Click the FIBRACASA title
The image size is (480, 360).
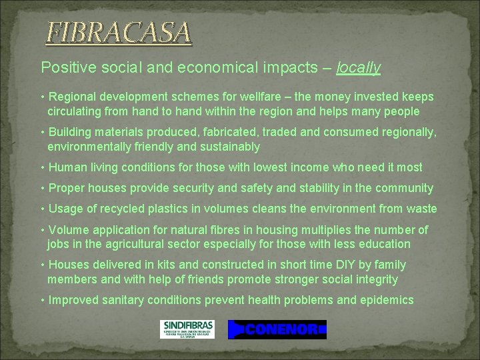coord(119,32)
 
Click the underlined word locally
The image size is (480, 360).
coord(359,67)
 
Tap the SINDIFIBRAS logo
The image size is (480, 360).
coord(187,329)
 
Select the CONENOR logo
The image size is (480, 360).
coord(277,329)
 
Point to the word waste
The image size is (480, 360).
coord(421,209)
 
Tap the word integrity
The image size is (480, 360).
coord(373,279)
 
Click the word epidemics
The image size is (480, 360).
coord(385,300)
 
